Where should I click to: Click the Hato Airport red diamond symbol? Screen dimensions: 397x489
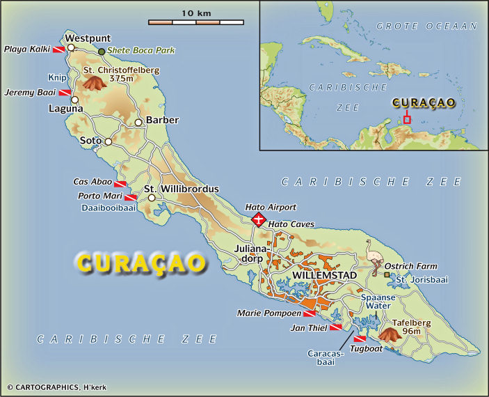point(259,220)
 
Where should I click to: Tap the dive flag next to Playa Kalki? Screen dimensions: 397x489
point(58,49)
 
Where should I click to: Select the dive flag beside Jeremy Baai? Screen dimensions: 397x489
point(63,93)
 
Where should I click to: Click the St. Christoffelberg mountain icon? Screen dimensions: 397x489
point(94,83)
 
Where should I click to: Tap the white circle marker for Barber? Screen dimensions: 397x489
point(138,123)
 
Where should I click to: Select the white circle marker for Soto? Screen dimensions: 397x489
point(108,141)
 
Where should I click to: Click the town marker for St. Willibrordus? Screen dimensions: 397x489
point(151,198)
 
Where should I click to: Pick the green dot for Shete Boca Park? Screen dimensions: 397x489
point(102,52)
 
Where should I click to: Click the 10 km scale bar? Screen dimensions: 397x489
point(196,22)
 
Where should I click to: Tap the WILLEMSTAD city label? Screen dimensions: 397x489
point(325,276)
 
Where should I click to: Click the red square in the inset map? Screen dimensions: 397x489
point(407,119)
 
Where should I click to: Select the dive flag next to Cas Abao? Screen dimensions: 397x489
point(120,184)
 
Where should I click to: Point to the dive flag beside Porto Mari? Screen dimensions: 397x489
point(130,198)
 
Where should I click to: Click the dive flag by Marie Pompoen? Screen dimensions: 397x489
point(309,314)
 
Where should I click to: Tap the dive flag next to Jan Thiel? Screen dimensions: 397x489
point(335,327)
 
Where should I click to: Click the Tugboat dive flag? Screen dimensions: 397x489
point(360,338)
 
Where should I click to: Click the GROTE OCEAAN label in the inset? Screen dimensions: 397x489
point(426,26)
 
